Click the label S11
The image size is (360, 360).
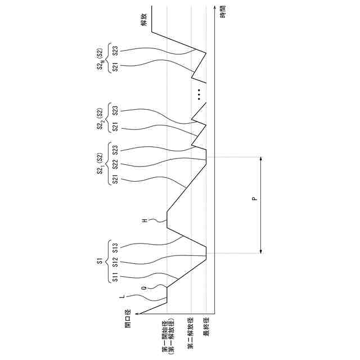115,277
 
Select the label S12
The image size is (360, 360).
115,261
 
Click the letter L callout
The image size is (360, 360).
123,296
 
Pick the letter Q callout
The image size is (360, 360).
144,287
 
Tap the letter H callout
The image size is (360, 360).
145,220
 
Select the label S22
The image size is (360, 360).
115,165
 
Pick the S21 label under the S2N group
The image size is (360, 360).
115,68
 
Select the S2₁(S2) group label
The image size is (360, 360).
100,165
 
